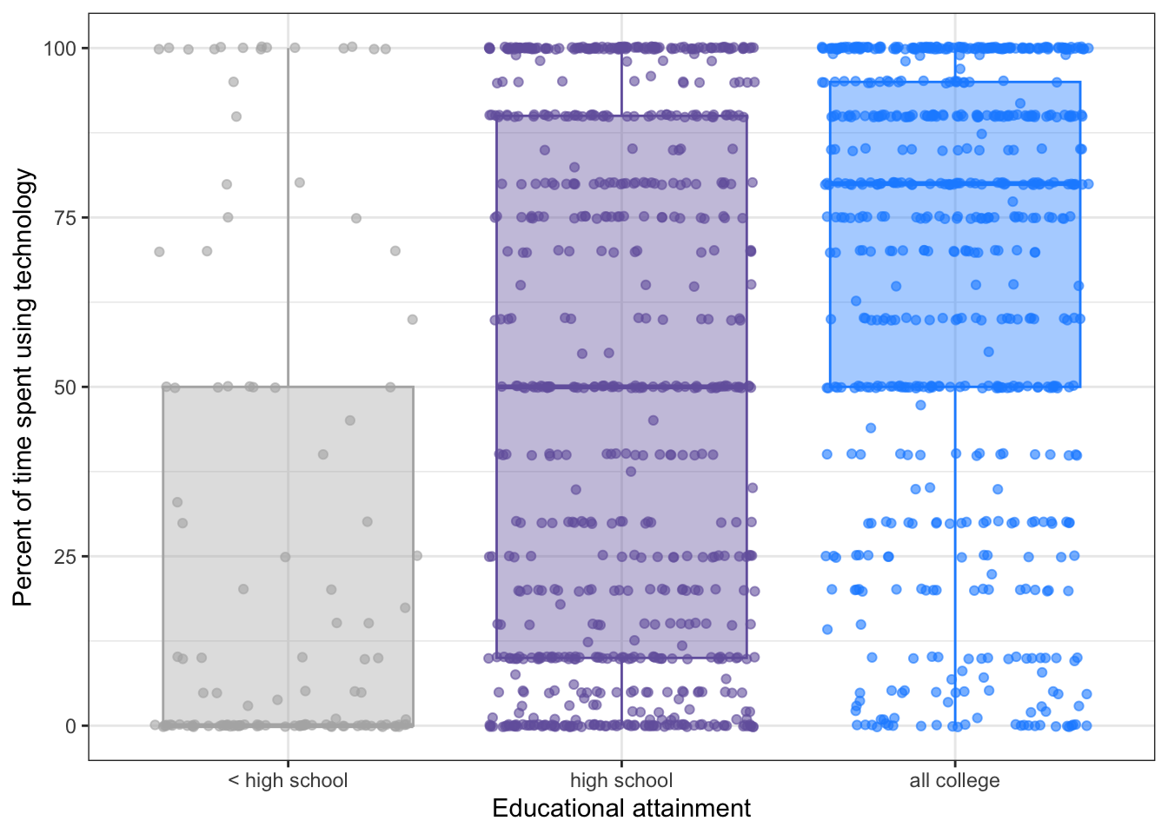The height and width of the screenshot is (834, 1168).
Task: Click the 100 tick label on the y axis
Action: [60, 49]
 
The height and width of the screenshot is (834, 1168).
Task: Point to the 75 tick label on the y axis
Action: [65, 218]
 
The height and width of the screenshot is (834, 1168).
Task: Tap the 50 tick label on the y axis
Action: [65, 387]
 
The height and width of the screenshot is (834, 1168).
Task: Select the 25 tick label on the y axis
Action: [65, 557]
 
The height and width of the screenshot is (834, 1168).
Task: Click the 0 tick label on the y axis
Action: [70, 726]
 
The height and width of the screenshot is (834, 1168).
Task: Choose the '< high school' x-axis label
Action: [288, 780]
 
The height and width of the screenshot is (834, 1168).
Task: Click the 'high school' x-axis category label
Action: [621, 780]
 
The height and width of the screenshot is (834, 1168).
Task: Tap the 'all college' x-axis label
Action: [954, 780]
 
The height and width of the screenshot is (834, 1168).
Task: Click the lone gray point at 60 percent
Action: [413, 320]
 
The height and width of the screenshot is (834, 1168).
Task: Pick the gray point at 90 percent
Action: [236, 116]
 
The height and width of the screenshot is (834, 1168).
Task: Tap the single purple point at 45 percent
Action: [654, 420]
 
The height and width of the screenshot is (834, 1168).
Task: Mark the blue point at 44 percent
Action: [871, 427]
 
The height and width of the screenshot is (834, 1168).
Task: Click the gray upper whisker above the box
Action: [288, 217]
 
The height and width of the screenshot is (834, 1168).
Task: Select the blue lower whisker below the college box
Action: [955, 556]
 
